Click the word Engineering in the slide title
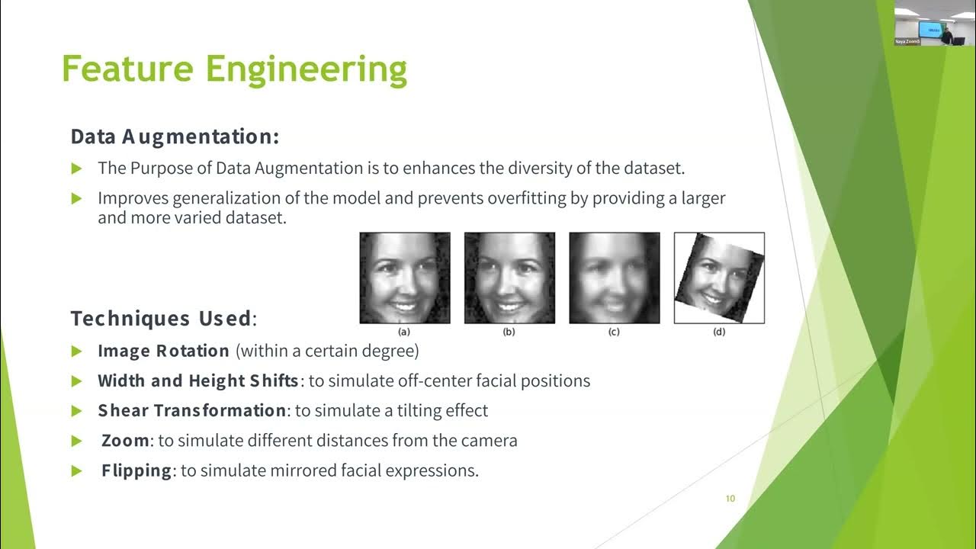(307, 69)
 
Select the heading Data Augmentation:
(175, 137)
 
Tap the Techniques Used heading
(161, 318)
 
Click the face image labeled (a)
(405, 278)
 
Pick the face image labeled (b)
(509, 278)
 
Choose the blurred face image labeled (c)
(614, 278)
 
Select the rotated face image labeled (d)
(719, 278)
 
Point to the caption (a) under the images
(404, 332)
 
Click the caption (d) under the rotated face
(718, 332)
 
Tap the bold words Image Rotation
(163, 352)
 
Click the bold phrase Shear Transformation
(191, 411)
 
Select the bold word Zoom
(125, 441)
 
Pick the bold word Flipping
(136, 470)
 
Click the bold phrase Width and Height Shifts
(197, 381)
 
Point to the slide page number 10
(730, 499)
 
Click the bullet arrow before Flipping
(76, 470)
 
